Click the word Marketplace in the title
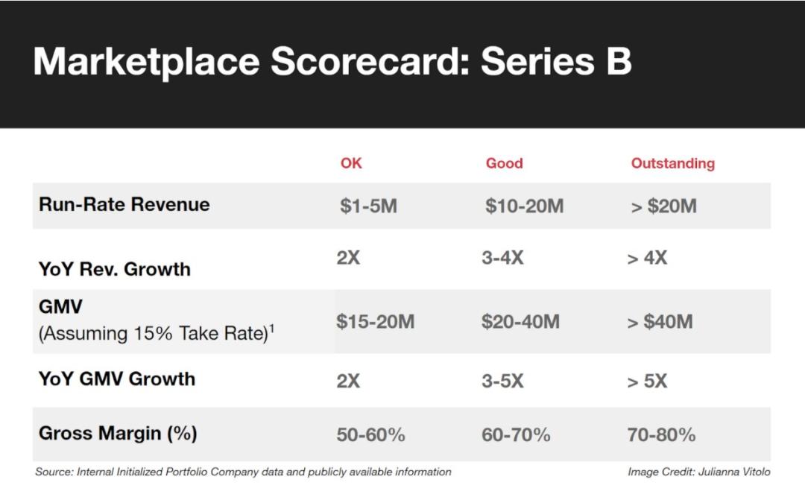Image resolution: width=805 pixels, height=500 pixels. coord(147,63)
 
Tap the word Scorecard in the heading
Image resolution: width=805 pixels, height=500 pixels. coord(370,62)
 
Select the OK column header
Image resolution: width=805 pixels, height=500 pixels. coord(351,163)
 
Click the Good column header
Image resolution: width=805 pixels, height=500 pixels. coord(504,163)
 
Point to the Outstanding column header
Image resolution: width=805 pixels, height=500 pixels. coord(672,164)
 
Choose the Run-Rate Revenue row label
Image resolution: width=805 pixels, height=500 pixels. coord(124,204)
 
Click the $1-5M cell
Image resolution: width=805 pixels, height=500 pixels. coord(369,206)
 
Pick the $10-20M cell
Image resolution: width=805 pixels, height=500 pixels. coord(524,206)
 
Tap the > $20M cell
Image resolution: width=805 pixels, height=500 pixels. coord(664,206)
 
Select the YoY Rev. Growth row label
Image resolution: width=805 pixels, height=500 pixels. coord(115,269)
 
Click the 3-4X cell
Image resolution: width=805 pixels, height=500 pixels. coord(502,257)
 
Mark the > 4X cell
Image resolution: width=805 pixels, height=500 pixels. coord(647,258)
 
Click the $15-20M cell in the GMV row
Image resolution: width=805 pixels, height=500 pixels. coord(375,321)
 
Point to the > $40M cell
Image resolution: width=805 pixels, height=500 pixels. coord(660,322)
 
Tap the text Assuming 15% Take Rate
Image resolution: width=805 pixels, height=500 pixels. coord(154,334)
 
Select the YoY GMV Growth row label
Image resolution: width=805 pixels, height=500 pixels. coord(117,379)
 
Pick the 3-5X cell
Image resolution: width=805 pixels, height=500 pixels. coord(502,381)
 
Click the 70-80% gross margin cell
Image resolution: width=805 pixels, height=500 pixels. coord(661,435)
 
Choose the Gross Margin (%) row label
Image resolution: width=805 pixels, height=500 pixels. coord(118,433)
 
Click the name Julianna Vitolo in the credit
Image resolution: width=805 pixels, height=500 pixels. coord(735,472)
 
